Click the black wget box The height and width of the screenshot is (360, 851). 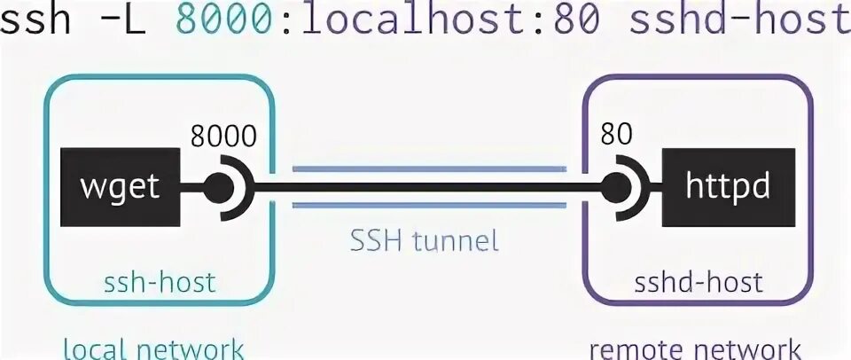point(119,186)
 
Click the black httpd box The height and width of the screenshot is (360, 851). point(728,186)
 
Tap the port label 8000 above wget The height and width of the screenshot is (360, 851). point(223,137)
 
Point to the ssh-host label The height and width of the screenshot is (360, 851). point(160,283)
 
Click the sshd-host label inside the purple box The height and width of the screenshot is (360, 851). point(699,283)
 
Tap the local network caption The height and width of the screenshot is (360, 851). point(152,347)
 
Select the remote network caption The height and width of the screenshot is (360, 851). point(696,348)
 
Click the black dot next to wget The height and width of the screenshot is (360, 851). point(216,187)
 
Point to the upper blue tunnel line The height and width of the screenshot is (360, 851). point(429,168)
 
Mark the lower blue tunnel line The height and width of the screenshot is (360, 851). point(429,206)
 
